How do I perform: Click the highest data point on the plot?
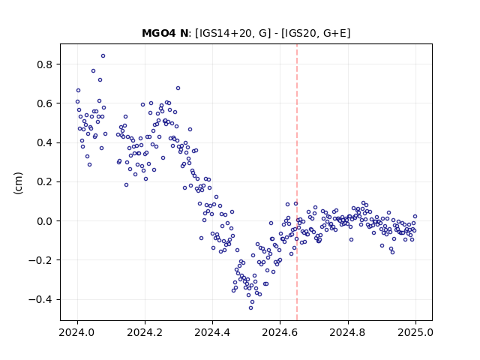103,56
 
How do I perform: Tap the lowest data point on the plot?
250,308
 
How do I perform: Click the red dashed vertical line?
297,182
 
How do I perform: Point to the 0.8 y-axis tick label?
45,64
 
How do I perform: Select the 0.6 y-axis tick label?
45,103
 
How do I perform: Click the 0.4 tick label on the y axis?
45,143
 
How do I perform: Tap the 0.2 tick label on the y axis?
45,182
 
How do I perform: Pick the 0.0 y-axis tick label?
45,221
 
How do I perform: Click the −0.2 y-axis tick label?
40,260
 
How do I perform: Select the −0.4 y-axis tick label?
40,300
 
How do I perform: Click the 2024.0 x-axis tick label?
77,332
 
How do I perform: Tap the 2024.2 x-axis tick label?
145,332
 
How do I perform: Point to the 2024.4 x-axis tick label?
212,332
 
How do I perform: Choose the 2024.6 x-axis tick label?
280,332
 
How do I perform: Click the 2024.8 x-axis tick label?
348,332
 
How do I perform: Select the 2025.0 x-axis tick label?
415,332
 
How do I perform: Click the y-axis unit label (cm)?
18,183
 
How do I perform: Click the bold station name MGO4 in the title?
160,33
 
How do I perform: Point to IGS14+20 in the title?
223,33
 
